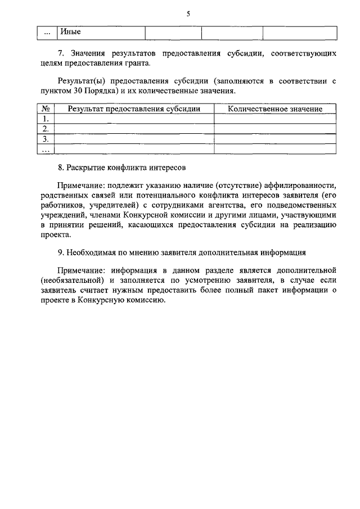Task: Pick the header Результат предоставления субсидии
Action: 134,109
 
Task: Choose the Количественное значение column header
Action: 275,109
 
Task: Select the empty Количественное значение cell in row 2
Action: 275,129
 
